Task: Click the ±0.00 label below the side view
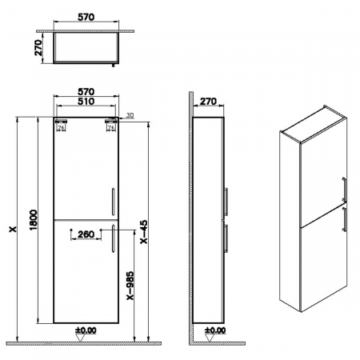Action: (214, 329)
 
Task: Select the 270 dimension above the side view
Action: (210, 102)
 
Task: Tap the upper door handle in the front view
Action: (115, 200)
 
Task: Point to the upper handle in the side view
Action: (229, 200)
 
